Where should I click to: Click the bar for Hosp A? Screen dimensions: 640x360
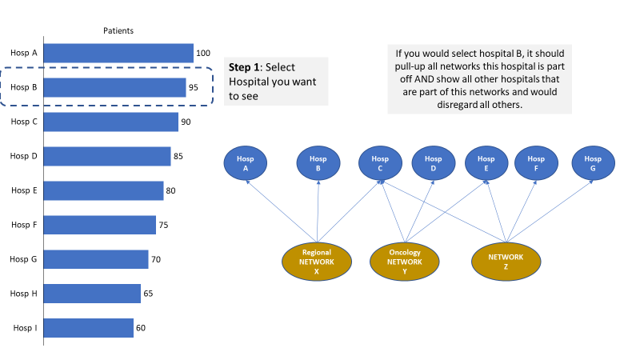[x=118, y=53]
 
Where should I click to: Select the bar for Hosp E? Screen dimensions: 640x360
[x=103, y=190]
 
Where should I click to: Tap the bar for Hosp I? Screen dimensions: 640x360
[x=88, y=328]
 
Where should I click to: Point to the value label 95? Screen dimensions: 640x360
[x=194, y=87]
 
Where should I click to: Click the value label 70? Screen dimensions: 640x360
[x=156, y=259]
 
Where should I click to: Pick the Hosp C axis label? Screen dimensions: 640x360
[x=24, y=122]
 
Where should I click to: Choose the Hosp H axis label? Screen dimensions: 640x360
[x=24, y=294]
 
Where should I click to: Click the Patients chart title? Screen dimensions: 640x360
[x=118, y=30]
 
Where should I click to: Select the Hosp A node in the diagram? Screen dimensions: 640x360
[x=246, y=163]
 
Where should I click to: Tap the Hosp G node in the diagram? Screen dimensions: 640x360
[x=593, y=163]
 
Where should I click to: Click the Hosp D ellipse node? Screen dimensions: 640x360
[x=434, y=163]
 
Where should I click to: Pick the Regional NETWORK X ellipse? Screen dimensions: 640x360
[x=317, y=262]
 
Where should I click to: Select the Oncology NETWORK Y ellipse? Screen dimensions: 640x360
[x=405, y=262]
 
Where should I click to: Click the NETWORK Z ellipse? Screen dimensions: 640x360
[x=506, y=262]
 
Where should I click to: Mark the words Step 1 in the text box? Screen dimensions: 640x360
[x=244, y=67]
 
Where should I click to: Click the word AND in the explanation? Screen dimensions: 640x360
[x=424, y=79]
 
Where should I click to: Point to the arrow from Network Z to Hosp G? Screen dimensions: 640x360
[x=550, y=211]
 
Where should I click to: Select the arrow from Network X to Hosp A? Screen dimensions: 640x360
[x=282, y=211]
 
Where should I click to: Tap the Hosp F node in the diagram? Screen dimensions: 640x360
[x=536, y=163]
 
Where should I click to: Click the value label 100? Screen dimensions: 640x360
[x=203, y=53]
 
